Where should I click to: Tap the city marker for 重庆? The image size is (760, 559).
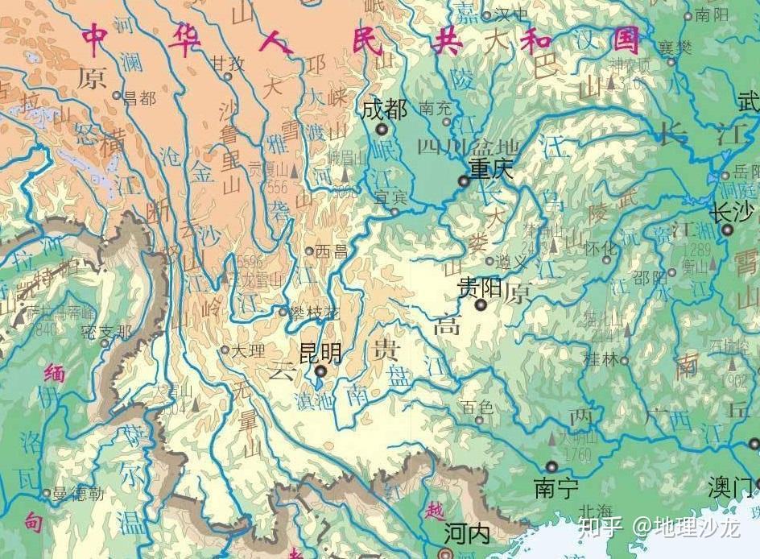(x=464, y=181)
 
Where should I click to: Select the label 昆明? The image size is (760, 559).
(x=320, y=352)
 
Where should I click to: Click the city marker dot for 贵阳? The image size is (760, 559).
(x=481, y=304)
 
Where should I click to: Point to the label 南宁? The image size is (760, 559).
(x=556, y=488)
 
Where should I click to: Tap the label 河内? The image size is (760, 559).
(x=466, y=533)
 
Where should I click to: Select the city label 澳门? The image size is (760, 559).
(x=729, y=487)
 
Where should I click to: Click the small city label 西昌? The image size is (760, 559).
(x=332, y=251)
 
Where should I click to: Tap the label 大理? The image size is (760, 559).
(x=247, y=350)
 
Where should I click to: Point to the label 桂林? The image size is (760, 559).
(x=601, y=361)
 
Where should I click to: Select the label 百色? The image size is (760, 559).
(x=476, y=408)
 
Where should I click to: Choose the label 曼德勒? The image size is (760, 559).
(x=79, y=494)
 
